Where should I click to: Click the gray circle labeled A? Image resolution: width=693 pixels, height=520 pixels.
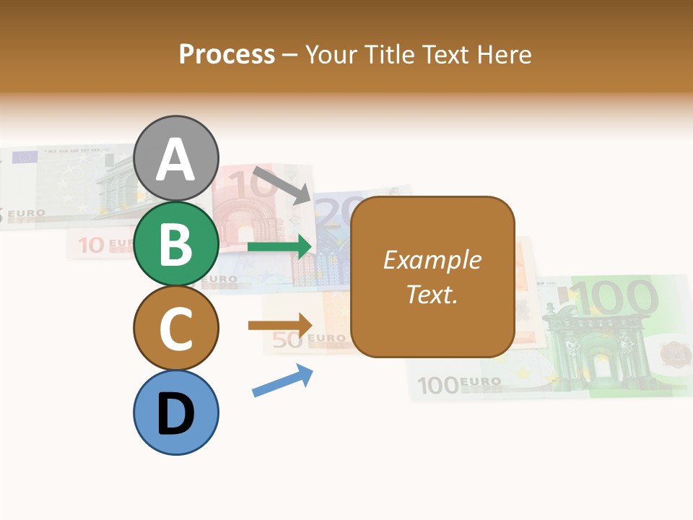176,158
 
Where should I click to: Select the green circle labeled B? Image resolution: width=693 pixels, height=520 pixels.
176,243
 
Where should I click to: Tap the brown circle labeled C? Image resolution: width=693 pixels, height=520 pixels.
176,328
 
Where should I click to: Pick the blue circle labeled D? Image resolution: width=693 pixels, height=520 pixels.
176,412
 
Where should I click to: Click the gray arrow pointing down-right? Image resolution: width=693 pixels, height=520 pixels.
282,185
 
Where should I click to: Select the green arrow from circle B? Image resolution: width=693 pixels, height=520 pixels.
279,247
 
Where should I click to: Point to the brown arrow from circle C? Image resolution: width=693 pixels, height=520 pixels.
280,326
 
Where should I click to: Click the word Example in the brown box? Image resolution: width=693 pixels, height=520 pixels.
432,260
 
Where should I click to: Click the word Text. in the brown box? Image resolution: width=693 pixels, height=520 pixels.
432,294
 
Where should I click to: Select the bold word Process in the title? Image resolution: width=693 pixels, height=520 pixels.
227,54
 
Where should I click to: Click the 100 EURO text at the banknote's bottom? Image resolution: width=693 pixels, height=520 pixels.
459,383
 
